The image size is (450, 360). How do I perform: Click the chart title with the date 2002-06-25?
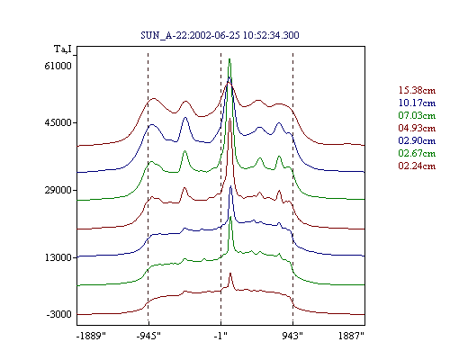220,35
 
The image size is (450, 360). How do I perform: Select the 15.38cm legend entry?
417,90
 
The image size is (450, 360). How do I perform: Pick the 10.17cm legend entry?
417,103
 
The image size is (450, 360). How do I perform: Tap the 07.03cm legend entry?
417,115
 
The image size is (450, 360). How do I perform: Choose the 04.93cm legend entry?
417,128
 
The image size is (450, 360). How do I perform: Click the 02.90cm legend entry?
417,140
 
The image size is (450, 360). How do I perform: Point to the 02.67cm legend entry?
417,153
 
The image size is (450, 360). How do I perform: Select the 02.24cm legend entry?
417,166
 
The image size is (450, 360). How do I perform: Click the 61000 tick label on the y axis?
58,66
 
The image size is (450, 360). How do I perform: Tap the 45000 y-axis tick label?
58,122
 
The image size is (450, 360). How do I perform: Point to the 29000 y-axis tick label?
58,190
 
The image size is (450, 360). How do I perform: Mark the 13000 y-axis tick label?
58,257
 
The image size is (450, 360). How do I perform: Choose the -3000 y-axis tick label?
58,314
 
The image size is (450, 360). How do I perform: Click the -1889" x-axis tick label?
91,336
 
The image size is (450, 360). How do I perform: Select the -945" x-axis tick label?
148,336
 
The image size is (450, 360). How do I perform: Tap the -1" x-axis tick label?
220,336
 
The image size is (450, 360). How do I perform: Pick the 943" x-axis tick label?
292,336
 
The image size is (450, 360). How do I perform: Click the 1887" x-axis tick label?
351,336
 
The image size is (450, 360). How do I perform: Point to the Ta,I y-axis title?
63,49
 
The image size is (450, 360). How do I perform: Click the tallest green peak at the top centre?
229,59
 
